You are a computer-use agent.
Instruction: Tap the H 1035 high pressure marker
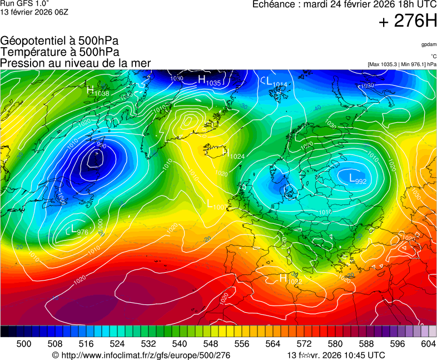click(x=210, y=81)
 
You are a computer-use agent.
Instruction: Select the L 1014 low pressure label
click(x=276, y=82)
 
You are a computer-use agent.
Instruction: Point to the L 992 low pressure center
click(x=357, y=178)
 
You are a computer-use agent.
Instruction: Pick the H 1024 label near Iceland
click(x=233, y=153)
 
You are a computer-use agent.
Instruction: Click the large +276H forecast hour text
click(x=407, y=21)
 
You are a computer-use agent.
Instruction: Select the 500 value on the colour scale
click(x=24, y=344)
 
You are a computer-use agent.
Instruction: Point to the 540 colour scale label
click(x=179, y=344)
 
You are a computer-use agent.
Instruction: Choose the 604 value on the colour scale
click(x=428, y=344)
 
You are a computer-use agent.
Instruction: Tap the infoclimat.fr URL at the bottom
click(x=141, y=355)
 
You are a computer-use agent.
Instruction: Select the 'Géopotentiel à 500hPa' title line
click(x=59, y=41)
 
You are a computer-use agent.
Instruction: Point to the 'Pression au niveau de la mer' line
click(x=76, y=63)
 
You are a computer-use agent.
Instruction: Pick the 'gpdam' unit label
click(x=429, y=44)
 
